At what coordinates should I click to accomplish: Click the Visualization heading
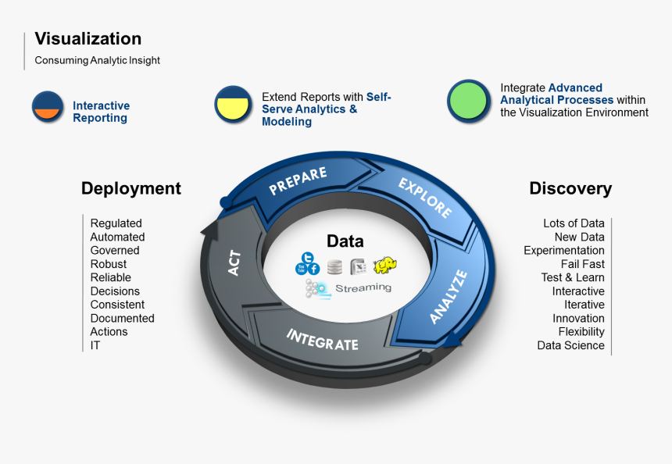[88, 39]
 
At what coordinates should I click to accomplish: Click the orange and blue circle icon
[48, 106]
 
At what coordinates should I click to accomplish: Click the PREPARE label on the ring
[298, 181]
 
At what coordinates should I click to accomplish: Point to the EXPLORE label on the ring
[424, 198]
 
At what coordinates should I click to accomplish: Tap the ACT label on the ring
[234, 263]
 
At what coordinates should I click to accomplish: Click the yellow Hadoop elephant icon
[384, 266]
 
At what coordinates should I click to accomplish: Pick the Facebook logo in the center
[313, 269]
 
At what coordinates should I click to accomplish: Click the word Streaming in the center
[363, 287]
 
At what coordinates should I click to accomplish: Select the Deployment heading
[130, 188]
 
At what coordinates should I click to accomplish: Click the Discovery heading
[570, 188]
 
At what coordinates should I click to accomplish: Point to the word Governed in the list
[115, 251]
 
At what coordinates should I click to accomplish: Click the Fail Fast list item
[582, 264]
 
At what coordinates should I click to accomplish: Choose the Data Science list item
[570, 345]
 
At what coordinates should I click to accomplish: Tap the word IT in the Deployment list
[95, 345]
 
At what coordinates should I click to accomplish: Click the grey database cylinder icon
[335, 266]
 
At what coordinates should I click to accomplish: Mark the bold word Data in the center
[345, 241]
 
